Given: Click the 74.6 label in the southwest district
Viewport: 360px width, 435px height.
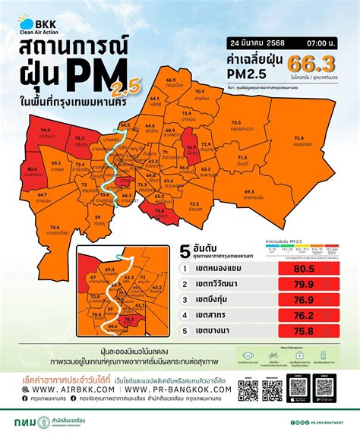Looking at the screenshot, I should click(x=54, y=226).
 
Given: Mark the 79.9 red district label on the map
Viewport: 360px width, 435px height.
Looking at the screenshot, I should click(x=46, y=119).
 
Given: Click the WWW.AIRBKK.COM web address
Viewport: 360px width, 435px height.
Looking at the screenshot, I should click(x=71, y=387).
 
